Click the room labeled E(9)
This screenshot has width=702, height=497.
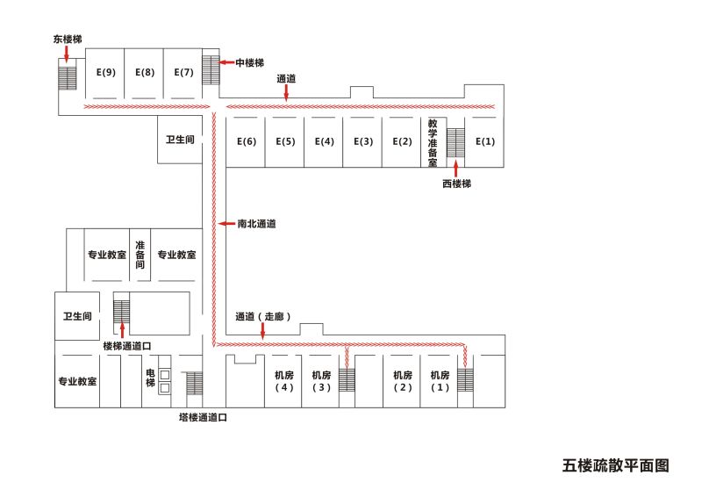[x=105, y=72]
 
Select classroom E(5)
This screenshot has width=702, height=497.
[x=285, y=141]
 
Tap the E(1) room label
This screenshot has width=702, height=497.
[x=485, y=141]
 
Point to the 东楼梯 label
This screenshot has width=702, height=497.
[x=68, y=40]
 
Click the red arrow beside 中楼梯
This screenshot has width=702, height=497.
[x=226, y=62]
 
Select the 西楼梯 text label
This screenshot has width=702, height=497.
[x=456, y=184]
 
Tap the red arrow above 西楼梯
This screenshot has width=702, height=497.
[x=456, y=169]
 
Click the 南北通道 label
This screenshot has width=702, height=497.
[x=256, y=224]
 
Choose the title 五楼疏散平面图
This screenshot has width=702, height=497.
[x=615, y=465]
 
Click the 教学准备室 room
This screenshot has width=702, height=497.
[x=433, y=141]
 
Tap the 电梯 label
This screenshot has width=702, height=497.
[x=150, y=378]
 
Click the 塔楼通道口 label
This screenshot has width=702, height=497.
[x=204, y=419]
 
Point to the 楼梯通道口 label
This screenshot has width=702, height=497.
[x=133, y=346]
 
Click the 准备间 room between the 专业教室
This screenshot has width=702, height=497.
[x=140, y=254]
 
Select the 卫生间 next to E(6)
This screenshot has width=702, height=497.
[x=179, y=140]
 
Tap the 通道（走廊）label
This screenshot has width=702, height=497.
[x=262, y=316]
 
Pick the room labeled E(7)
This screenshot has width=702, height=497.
[x=183, y=72]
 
